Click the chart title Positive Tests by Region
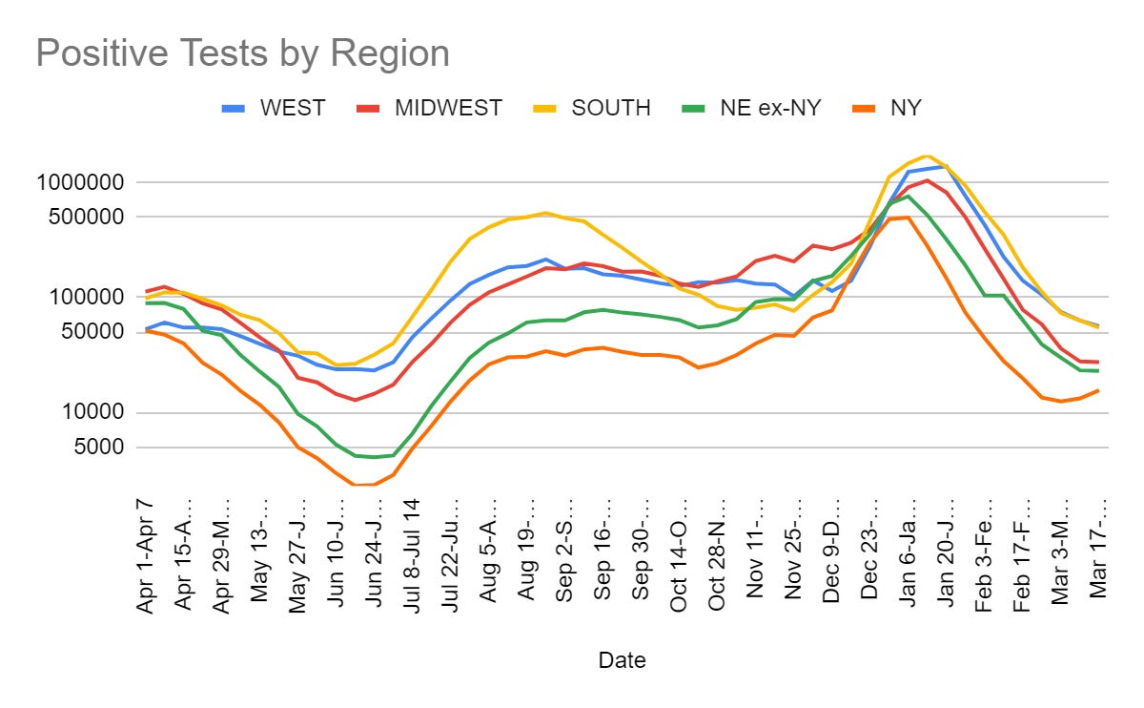[242, 53]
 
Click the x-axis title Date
[622, 659]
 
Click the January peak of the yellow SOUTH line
[927, 156]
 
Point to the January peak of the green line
[908, 197]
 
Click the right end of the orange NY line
[1098, 390]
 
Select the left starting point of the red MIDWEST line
[146, 291]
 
